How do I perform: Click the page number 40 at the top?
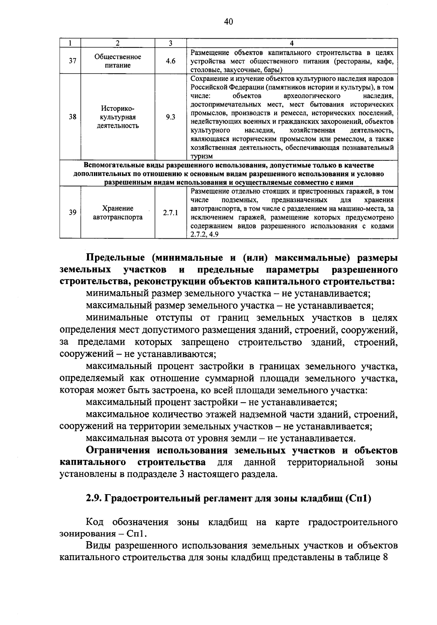tap(229, 22)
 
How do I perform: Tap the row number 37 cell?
tap(72, 61)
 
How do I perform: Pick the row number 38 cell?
tap(72, 117)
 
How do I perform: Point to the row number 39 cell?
tap(72, 213)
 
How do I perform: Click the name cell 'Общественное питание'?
tap(118, 61)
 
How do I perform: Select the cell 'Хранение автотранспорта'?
tap(118, 213)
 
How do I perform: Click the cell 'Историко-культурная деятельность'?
tap(118, 117)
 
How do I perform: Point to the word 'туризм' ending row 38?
tap(201, 156)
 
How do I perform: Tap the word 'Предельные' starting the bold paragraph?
tap(113, 258)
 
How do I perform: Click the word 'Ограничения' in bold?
tap(118, 450)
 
